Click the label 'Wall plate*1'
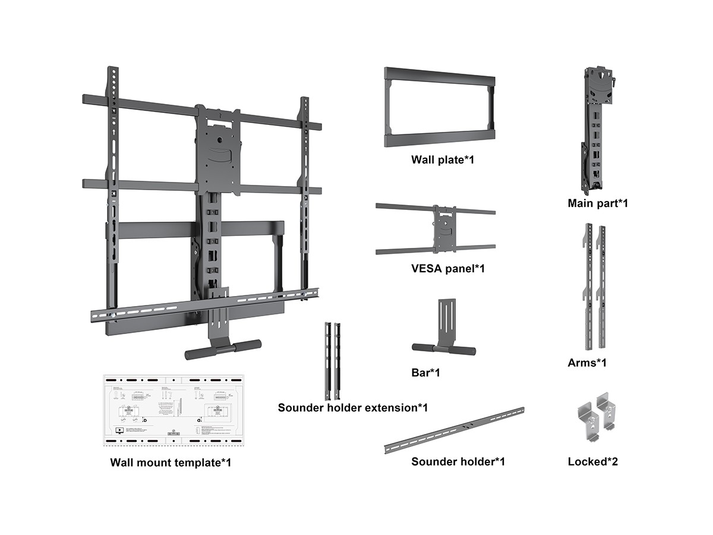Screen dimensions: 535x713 [x=443, y=160]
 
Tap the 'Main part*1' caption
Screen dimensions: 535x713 [x=598, y=203]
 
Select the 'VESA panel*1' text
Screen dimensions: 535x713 [x=448, y=268]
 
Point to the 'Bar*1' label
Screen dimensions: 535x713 [x=425, y=373]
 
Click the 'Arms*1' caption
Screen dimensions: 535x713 [x=587, y=362]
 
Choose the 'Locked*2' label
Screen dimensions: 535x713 [x=592, y=461]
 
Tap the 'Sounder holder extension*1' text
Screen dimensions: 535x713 [x=352, y=408]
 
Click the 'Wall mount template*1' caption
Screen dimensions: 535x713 [x=171, y=462]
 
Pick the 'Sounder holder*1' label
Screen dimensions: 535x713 [x=458, y=461]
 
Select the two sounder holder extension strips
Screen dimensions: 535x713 [x=332, y=360]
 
